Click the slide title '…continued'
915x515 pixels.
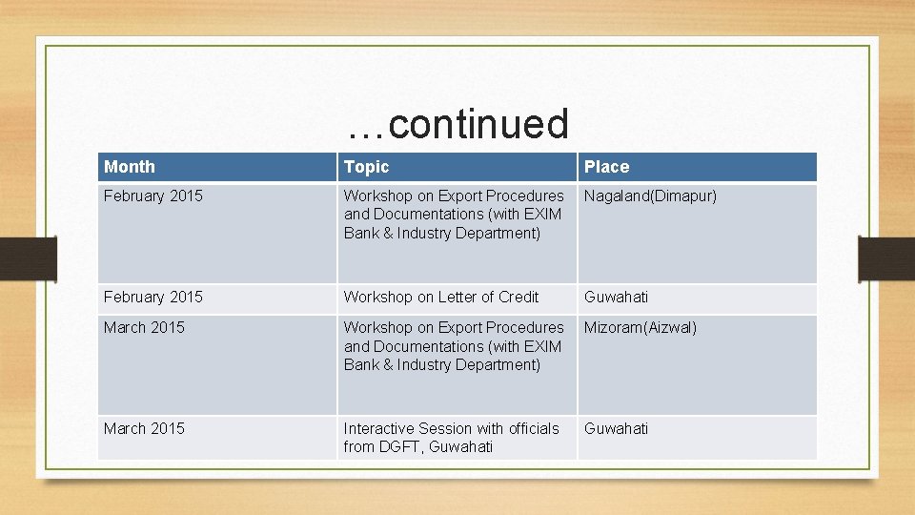tap(457, 124)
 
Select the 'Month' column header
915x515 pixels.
tap(130, 167)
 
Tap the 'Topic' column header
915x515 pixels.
tap(367, 167)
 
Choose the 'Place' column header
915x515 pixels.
tap(607, 167)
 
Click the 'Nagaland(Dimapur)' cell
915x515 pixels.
tap(650, 196)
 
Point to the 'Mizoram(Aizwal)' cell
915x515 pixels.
tap(640, 327)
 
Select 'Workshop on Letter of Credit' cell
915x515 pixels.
tap(441, 297)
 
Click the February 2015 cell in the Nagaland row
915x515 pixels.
tap(153, 196)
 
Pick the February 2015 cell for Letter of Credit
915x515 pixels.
tap(153, 297)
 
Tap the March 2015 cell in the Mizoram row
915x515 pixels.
tap(145, 327)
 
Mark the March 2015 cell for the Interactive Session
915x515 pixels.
tap(145, 428)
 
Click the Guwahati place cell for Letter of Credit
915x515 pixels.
tap(616, 297)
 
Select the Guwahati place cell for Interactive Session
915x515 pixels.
tap(616, 428)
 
